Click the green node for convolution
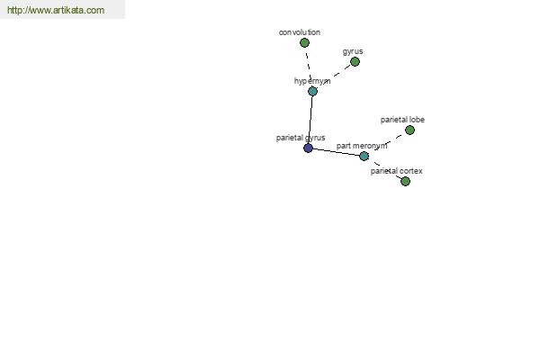point(304,43)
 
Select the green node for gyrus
point(355,62)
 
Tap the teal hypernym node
point(312,91)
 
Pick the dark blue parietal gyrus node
point(308,148)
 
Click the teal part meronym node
point(364,156)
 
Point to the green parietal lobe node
point(409,130)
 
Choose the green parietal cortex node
point(405,181)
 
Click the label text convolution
point(300,32)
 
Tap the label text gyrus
point(353,51)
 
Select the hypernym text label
point(312,81)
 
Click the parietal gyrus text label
point(301,138)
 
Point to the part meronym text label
point(362,146)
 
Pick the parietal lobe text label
point(402,120)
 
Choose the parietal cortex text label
point(396,171)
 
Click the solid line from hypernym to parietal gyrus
point(310,120)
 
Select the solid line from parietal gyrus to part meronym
point(336,152)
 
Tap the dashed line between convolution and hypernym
point(308,67)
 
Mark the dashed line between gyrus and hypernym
point(333,76)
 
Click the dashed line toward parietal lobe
point(387,143)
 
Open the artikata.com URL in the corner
point(56,10)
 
